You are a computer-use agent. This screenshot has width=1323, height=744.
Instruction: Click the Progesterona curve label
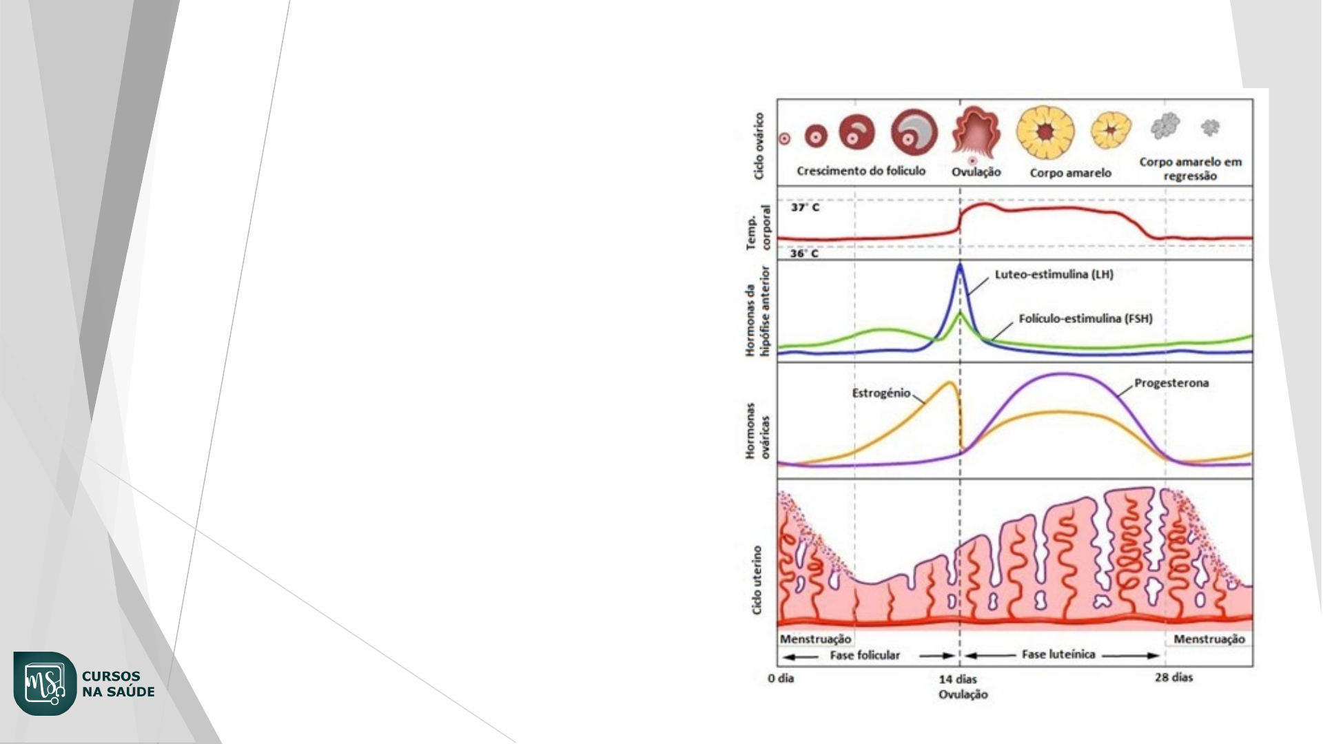click(1171, 383)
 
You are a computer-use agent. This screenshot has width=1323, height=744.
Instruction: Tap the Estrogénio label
click(881, 393)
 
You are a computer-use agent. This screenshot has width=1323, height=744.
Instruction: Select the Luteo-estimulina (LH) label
click(1054, 274)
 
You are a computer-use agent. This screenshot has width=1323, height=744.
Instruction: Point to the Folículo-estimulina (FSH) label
click(1085, 319)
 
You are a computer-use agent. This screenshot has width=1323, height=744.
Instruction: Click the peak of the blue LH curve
click(960, 265)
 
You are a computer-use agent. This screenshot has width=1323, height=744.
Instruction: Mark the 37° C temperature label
click(805, 207)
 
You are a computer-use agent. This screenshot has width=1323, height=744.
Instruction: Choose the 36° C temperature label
click(804, 254)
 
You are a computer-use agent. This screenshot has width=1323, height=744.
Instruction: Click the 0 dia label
click(781, 679)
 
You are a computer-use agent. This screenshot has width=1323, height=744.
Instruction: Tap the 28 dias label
click(1173, 678)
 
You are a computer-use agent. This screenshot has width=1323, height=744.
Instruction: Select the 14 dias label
click(957, 679)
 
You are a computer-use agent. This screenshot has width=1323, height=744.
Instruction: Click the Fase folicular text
click(865, 655)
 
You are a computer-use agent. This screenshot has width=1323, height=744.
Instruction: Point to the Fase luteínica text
click(1058, 654)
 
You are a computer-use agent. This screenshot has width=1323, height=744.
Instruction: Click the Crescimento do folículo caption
click(861, 171)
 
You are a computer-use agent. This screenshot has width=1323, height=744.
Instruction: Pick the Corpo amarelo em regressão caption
click(1190, 169)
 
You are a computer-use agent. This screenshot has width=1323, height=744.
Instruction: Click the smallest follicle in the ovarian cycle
click(784, 138)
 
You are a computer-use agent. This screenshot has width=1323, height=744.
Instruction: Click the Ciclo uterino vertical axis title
click(757, 580)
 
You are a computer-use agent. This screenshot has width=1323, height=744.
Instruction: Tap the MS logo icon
click(45, 683)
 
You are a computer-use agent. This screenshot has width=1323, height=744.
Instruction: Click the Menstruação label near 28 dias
click(1209, 639)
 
